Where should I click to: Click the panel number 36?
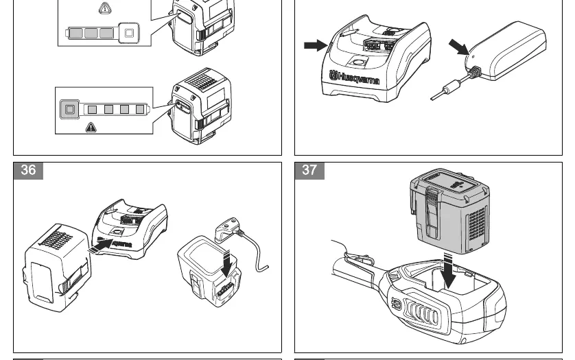pyautogui.click(x=28, y=170)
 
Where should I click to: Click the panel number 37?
pyautogui.click(x=309, y=170)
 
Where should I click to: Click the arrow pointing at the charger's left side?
pyautogui.click(x=316, y=45)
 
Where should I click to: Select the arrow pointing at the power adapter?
pyautogui.click(x=458, y=47)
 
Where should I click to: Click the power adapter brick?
pyautogui.click(x=507, y=51)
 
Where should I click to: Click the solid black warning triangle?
pyautogui.click(x=91, y=128)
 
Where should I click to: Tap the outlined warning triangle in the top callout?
pyautogui.click(x=105, y=8)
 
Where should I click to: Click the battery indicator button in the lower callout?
pyautogui.click(x=70, y=109)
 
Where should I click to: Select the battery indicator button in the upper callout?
pyautogui.click(x=129, y=33)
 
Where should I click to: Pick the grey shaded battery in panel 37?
pyautogui.click(x=449, y=211)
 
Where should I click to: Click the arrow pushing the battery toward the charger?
pyautogui.click(x=100, y=245)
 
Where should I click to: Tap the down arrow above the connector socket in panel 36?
pyautogui.click(x=226, y=263)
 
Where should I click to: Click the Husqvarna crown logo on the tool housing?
pyautogui.click(x=397, y=304)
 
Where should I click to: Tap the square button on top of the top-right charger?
pyautogui.click(x=357, y=62)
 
